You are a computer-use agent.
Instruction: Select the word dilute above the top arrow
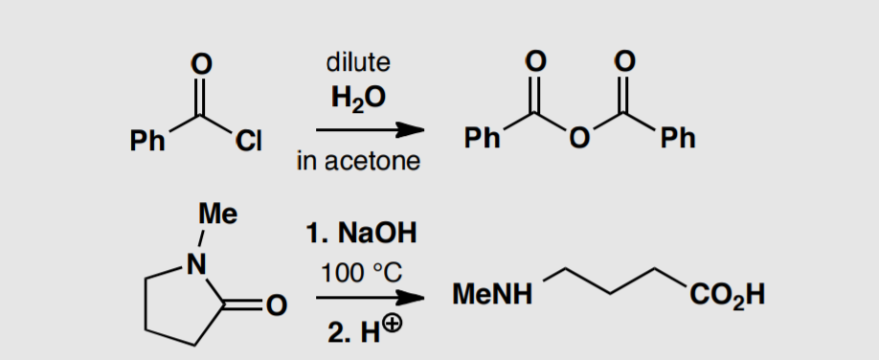tap(358, 62)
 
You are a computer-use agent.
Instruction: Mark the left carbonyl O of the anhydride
tap(533, 63)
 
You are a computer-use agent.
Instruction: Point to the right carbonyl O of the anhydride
tap(625, 63)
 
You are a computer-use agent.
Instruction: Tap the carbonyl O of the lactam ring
tap(276, 306)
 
